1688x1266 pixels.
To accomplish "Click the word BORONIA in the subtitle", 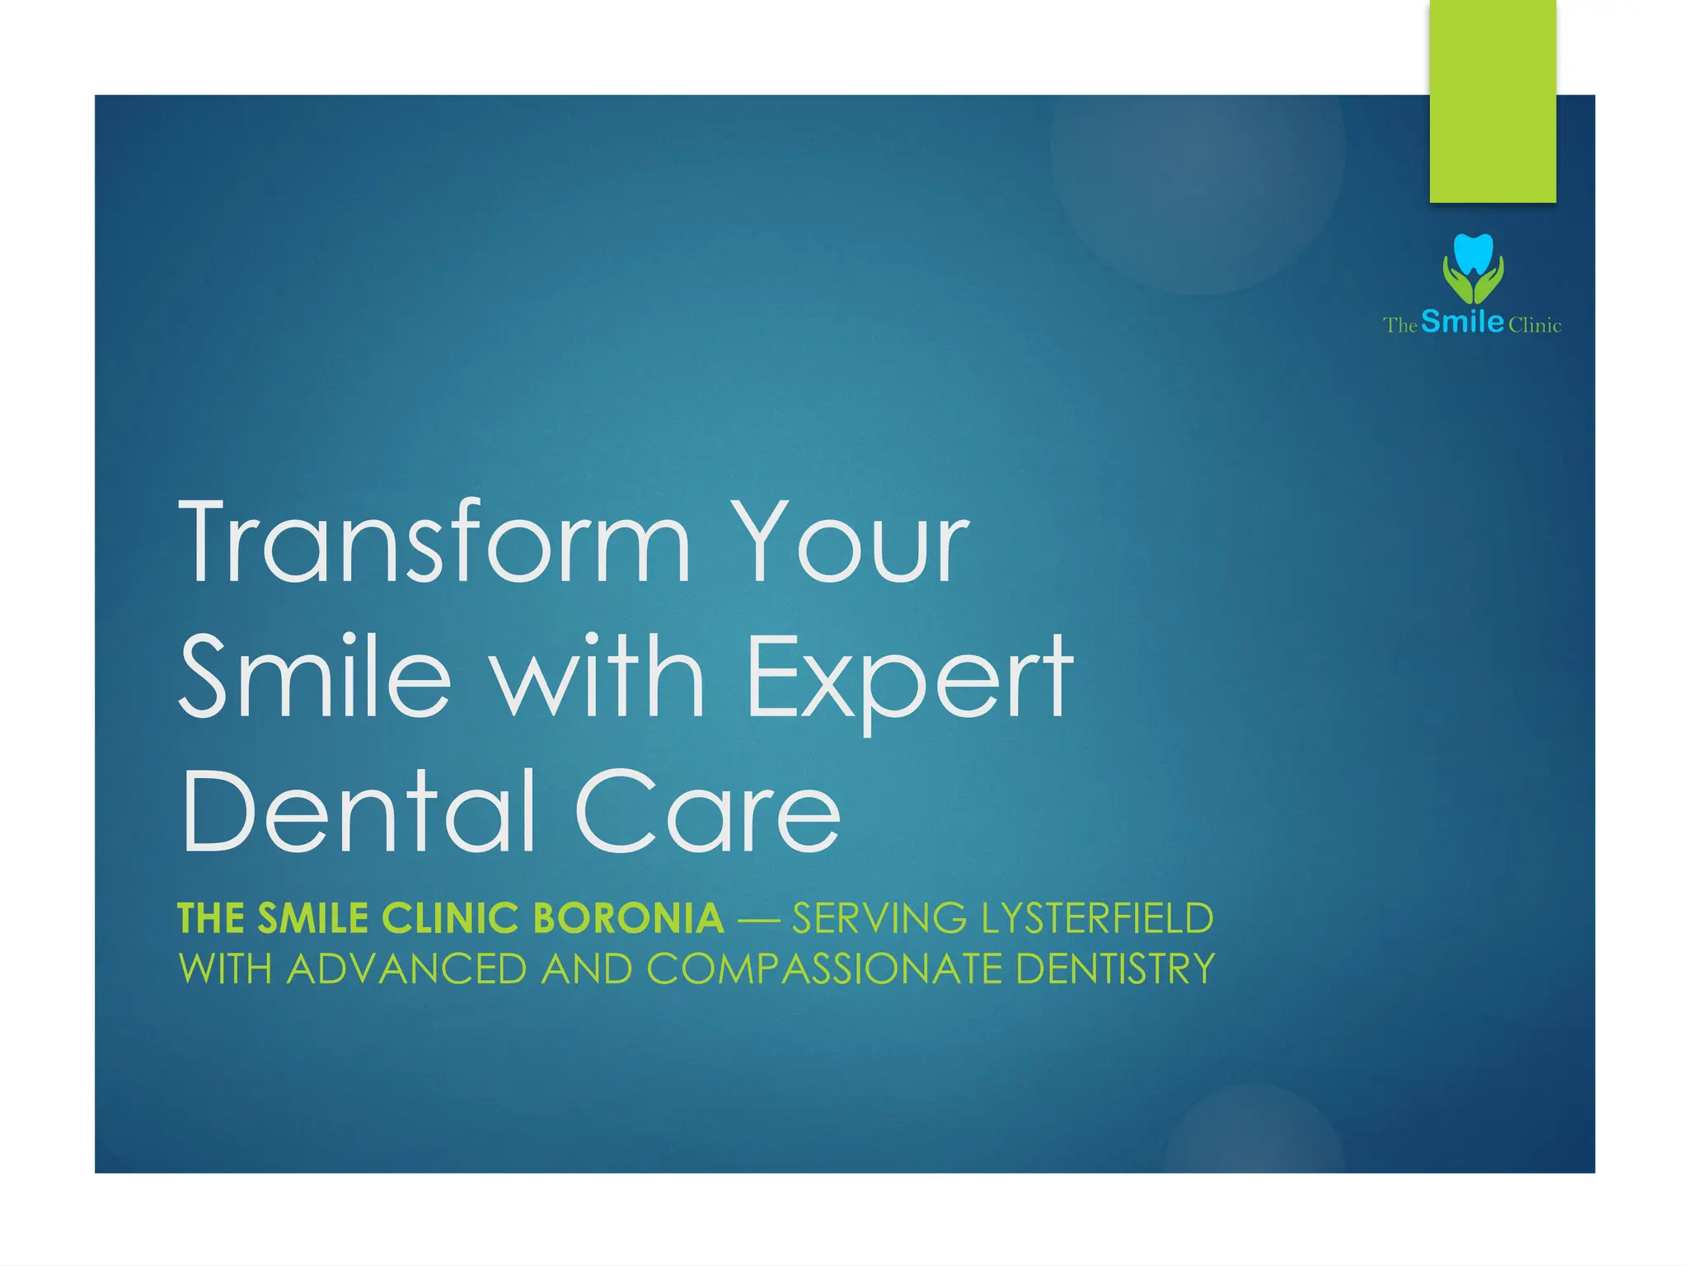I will coord(628,918).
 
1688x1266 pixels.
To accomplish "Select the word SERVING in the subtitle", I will coord(879,918).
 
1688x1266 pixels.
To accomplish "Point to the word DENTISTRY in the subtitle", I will coord(1116,968).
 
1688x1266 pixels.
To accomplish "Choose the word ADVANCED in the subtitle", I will coord(406,968).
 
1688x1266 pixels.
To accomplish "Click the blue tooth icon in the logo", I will coord(1473,252).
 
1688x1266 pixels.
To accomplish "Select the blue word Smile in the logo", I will coord(1462,321).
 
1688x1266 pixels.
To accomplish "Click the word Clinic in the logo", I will coord(1535,326).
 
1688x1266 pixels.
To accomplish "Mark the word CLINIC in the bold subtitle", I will coord(450,918).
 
